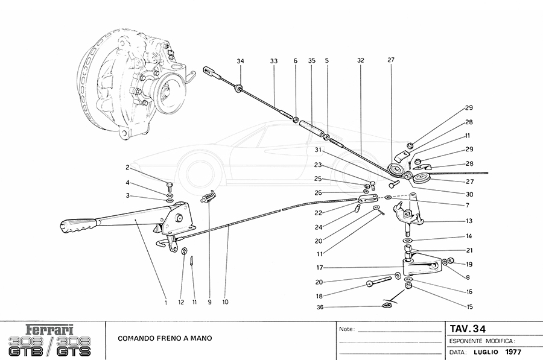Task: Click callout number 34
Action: click(240, 61)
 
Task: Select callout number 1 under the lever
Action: click(165, 302)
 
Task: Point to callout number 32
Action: click(361, 61)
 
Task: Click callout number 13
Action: click(469, 221)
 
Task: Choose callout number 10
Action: click(224, 302)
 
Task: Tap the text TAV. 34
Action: click(468, 329)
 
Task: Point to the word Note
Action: click(346, 330)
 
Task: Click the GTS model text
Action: click(75, 349)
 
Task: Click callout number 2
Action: click(128, 167)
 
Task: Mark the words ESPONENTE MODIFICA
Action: click(481, 341)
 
